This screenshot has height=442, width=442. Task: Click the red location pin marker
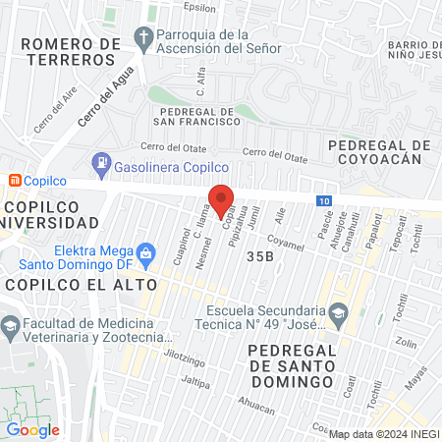(x=221, y=197)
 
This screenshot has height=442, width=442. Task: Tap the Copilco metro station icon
(x=15, y=181)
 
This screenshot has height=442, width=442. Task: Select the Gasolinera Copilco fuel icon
(x=100, y=162)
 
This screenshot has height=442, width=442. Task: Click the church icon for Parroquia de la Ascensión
(x=145, y=39)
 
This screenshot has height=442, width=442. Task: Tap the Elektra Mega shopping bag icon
(x=145, y=252)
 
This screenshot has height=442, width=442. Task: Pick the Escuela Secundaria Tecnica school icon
(x=339, y=312)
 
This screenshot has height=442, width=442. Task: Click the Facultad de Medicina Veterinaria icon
(x=11, y=325)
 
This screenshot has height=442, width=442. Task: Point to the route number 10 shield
(x=324, y=200)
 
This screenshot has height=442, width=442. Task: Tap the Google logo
(x=32, y=429)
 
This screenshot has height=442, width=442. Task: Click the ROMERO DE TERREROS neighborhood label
(x=68, y=51)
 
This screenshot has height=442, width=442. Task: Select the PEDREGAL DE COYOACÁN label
(x=379, y=152)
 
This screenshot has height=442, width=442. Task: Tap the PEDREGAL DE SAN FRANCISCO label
(x=197, y=116)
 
